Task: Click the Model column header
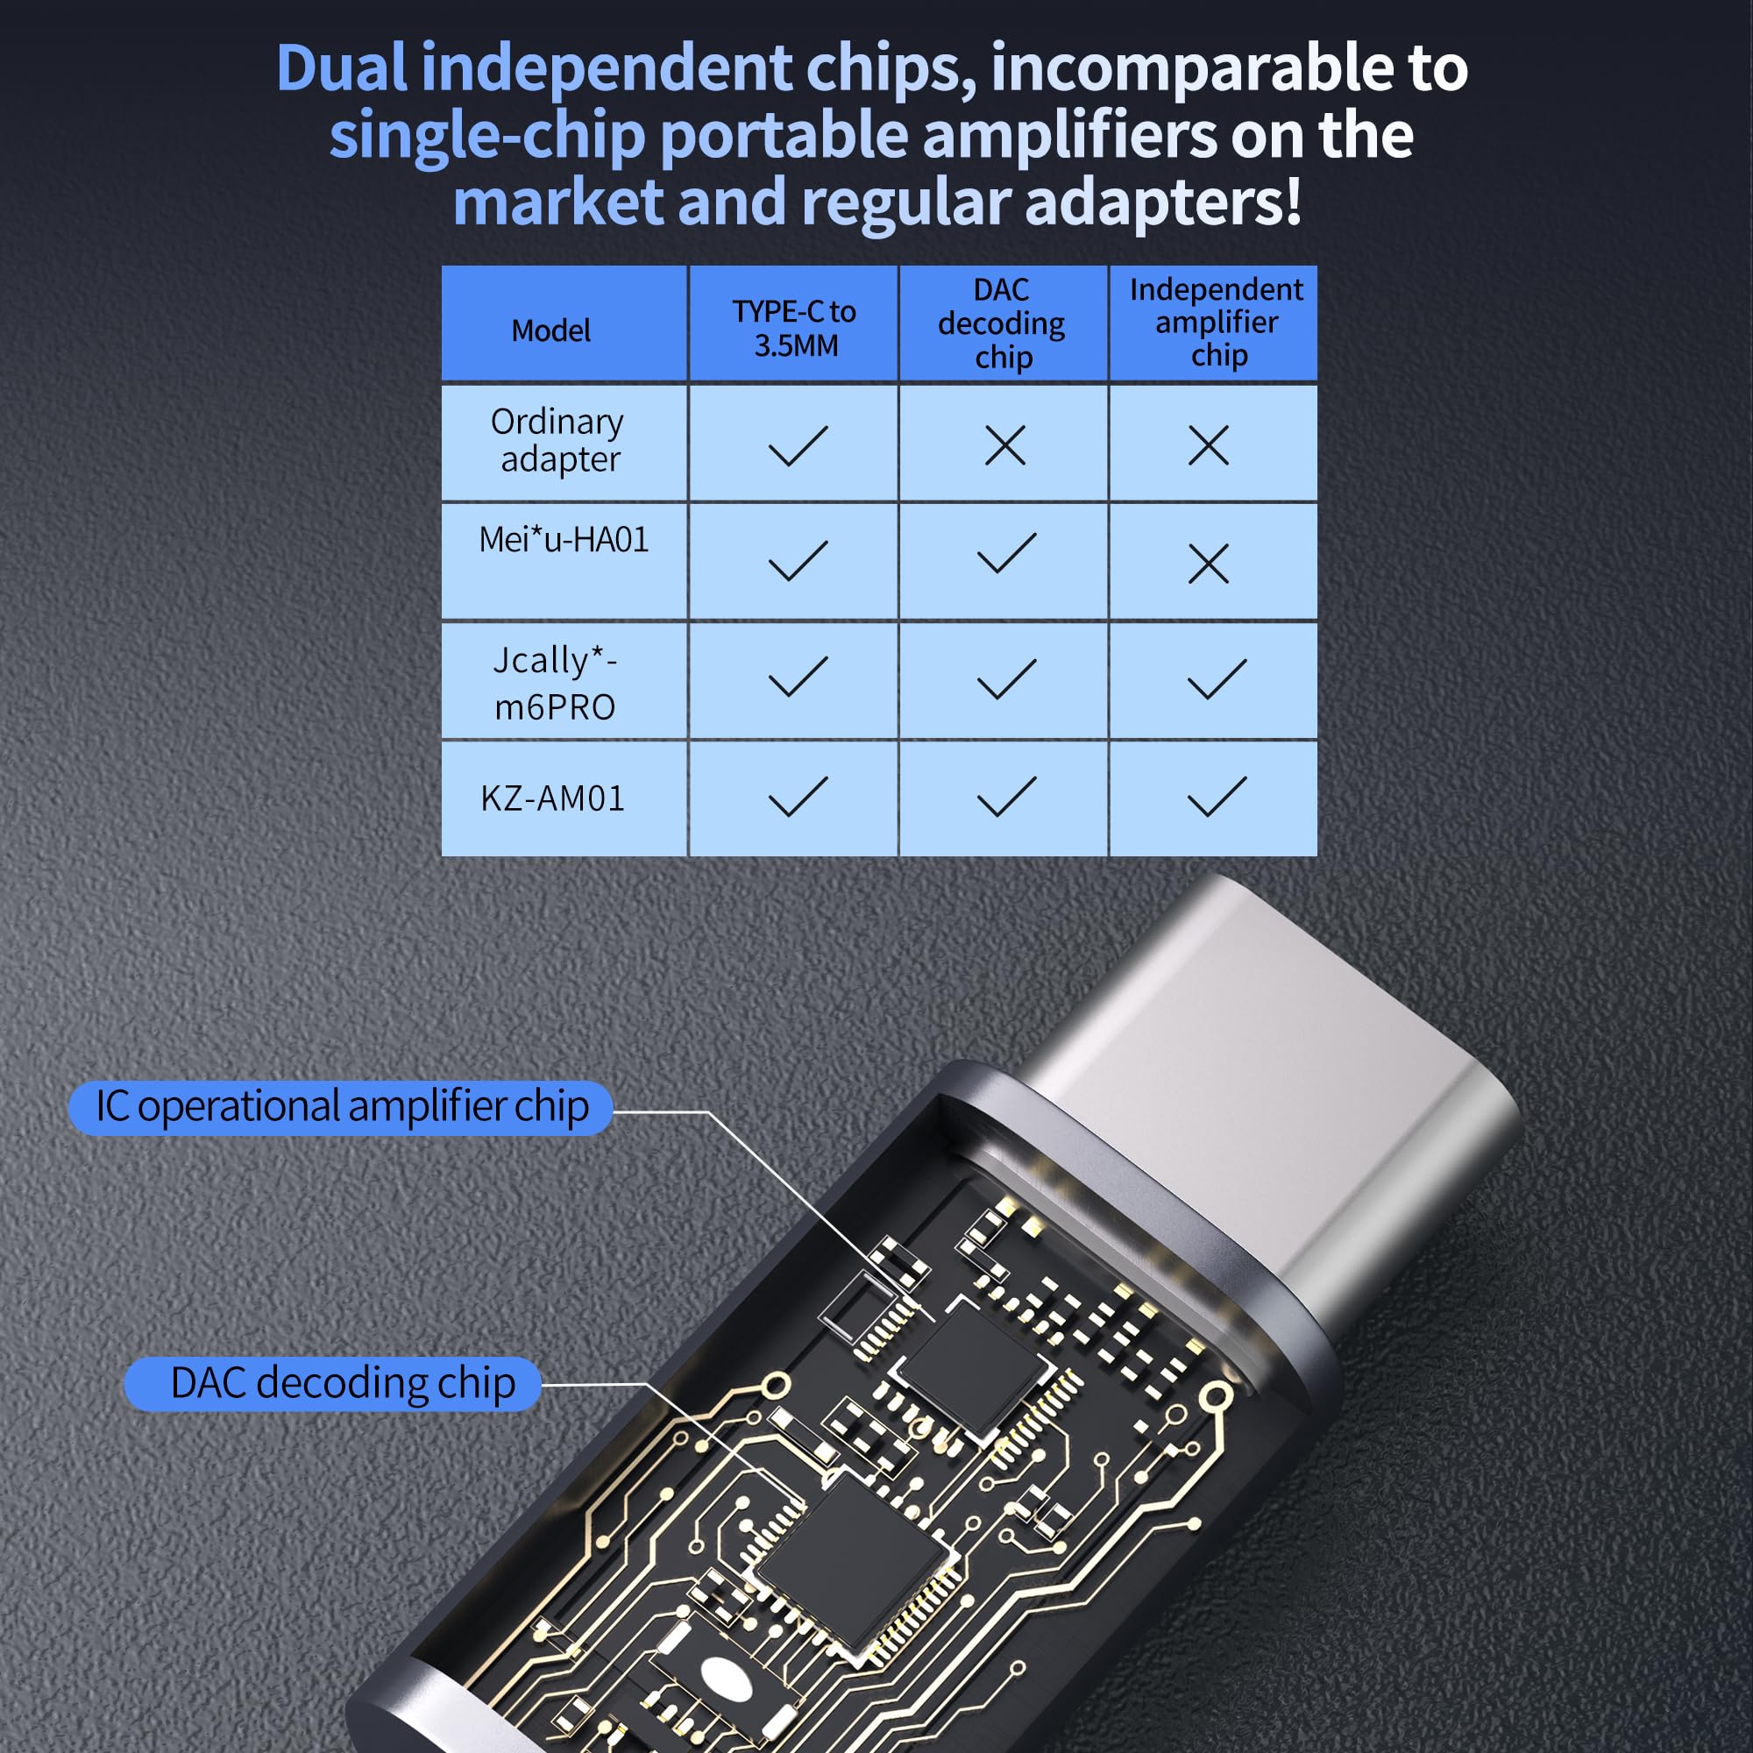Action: point(550,330)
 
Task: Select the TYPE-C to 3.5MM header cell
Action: point(794,328)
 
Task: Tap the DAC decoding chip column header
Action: point(1002,324)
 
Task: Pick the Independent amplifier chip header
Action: point(1216,322)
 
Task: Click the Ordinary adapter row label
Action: point(558,440)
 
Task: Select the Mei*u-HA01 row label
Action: point(564,540)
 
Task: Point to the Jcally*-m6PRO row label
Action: point(555,682)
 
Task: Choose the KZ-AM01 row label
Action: point(552,798)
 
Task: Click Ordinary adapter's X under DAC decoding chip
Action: point(1004,445)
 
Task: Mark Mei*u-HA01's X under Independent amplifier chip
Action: point(1208,564)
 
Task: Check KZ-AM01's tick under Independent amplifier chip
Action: point(1216,797)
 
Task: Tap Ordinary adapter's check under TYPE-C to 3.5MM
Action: point(797,445)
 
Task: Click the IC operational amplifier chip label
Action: point(341,1107)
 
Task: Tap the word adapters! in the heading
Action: point(1163,202)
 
